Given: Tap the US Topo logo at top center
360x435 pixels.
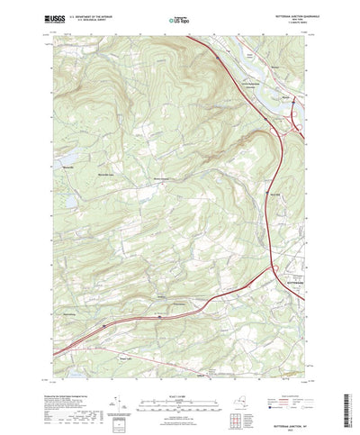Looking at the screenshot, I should tap(180, 18).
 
